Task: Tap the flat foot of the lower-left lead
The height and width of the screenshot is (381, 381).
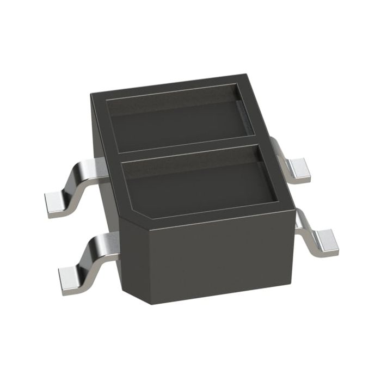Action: [x=70, y=277]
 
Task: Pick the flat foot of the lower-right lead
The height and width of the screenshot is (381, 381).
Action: [x=325, y=241]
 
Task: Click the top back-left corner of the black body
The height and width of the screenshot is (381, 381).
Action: [x=91, y=94]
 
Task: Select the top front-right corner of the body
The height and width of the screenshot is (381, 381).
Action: [x=294, y=206]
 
